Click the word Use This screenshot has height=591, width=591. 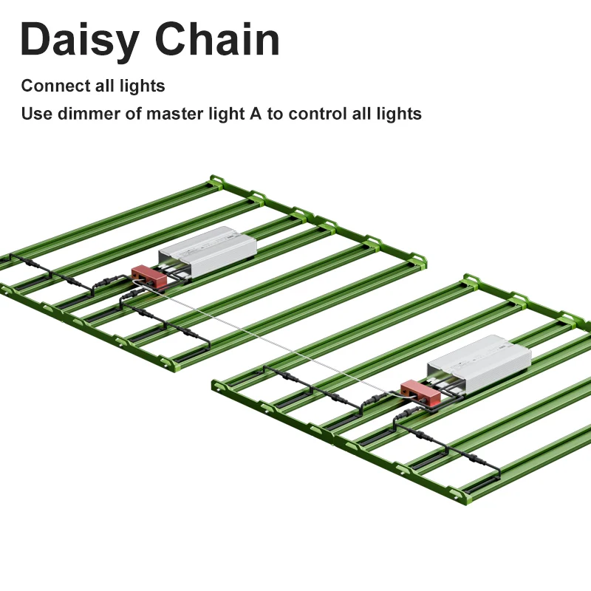(34, 114)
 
